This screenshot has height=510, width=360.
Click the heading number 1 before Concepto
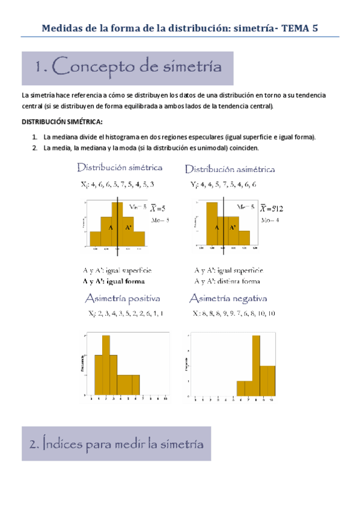tap(40, 68)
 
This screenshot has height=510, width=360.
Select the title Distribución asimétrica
tap(230, 169)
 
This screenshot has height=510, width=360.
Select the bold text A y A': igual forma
tap(114, 281)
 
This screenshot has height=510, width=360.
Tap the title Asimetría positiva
tap(122, 298)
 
